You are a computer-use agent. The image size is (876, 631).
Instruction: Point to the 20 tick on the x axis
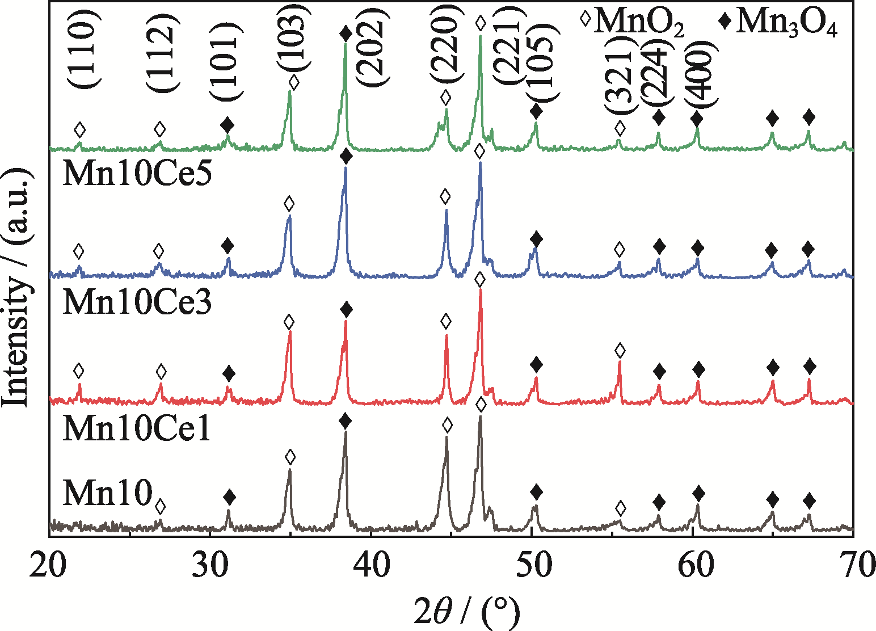tap(50, 567)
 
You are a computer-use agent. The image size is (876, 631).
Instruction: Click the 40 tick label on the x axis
tap(371, 567)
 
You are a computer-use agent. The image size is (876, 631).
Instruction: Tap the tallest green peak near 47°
tap(481, 37)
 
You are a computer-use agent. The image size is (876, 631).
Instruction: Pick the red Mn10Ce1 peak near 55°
tap(620, 363)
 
